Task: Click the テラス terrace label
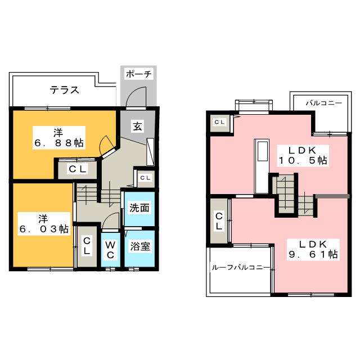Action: coord(64,89)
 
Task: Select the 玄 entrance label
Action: coord(137,127)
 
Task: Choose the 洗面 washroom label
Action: coord(139,208)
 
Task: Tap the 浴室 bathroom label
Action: coord(139,246)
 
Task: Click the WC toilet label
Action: coord(110,250)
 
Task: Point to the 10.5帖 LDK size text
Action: coord(304,161)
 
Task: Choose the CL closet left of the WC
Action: coord(88,246)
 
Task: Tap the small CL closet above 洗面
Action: coord(145,178)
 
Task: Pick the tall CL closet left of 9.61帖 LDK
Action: coord(219,221)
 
